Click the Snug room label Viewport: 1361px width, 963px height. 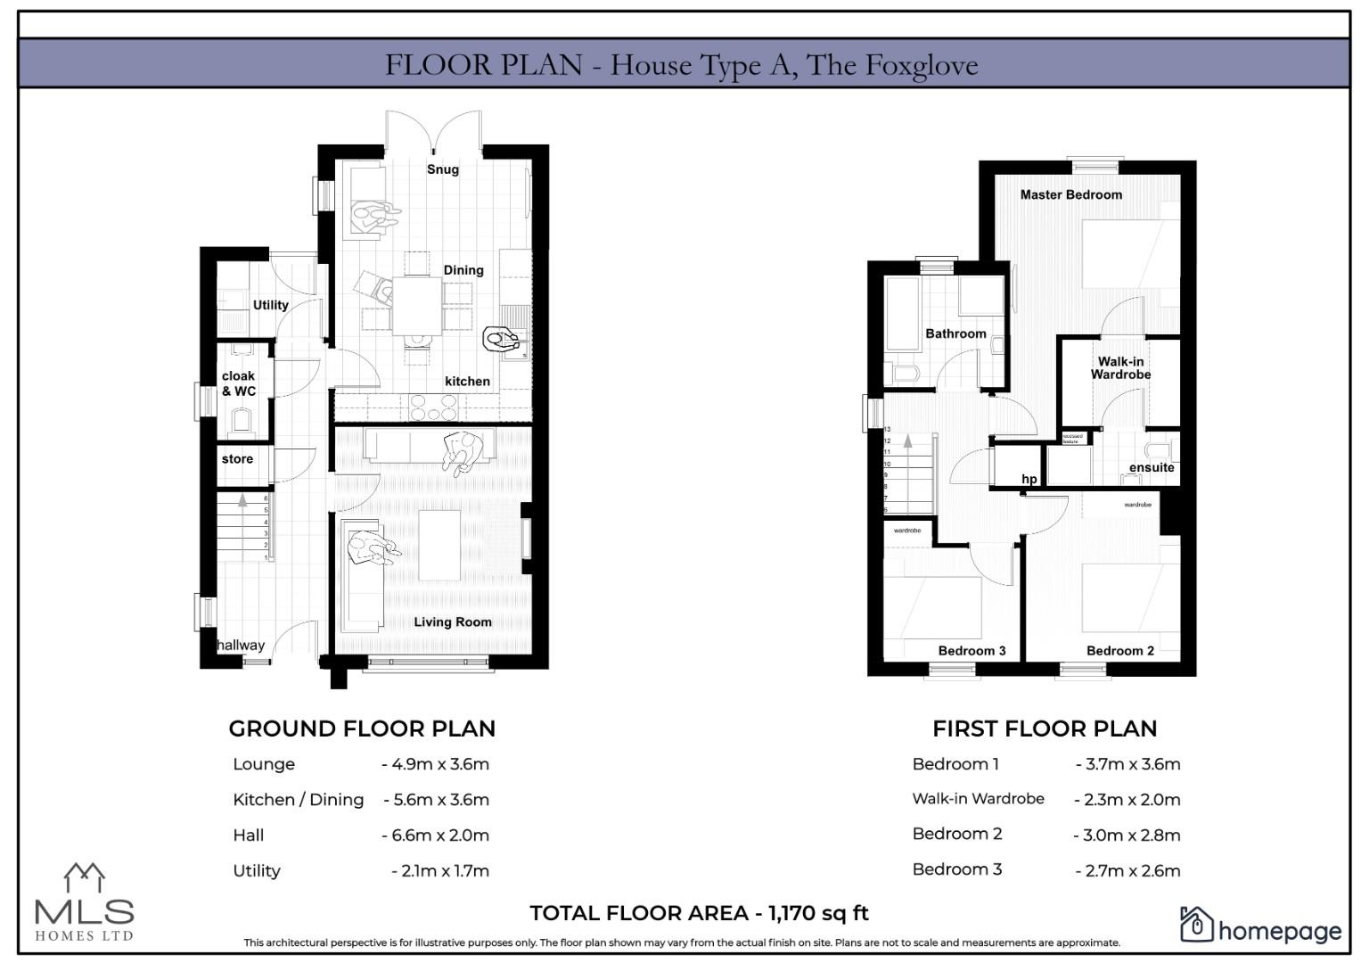[442, 169]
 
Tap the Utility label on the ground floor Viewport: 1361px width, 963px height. [270, 305]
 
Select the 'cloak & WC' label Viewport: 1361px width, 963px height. [238, 383]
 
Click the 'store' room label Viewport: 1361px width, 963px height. [237, 459]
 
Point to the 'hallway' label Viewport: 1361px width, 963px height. [241, 645]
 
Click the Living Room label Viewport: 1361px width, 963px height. [452, 622]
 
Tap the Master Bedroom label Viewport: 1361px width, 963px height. [1070, 194]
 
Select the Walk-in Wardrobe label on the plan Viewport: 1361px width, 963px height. [1120, 368]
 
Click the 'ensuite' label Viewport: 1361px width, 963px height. [1151, 467]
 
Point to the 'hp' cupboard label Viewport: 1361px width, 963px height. [1029, 479]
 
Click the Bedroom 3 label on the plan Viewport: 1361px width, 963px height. [972, 651]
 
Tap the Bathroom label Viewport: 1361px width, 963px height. [955, 333]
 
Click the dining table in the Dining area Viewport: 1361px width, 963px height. [417, 305]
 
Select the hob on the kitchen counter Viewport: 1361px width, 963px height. [432, 407]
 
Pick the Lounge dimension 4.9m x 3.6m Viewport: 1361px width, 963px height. [436, 764]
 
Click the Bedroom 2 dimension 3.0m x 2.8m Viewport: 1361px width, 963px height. [1127, 835]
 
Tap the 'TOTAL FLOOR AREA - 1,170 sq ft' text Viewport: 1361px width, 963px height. [699, 913]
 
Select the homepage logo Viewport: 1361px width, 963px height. [1260, 927]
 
